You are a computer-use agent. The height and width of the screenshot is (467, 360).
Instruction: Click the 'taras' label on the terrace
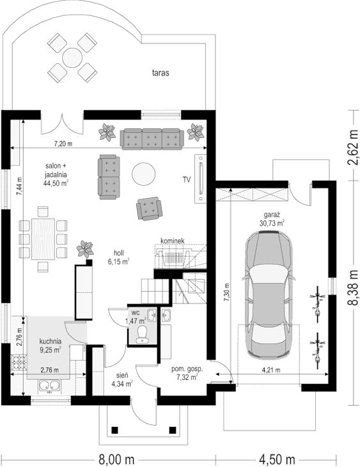click(x=160, y=73)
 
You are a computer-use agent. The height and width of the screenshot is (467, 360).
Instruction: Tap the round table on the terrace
click(x=72, y=57)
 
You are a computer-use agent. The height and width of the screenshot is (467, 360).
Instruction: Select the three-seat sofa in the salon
click(x=152, y=139)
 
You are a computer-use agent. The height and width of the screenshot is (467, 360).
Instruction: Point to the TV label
click(x=187, y=180)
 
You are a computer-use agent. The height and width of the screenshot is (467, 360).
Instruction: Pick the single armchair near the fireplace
click(x=149, y=208)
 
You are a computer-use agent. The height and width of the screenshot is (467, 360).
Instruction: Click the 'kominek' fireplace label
click(x=173, y=241)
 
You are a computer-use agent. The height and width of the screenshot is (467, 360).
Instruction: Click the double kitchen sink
click(x=49, y=386)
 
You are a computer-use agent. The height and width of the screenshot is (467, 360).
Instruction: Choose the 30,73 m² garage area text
click(x=272, y=223)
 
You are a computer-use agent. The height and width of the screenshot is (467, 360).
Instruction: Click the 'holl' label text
click(x=118, y=253)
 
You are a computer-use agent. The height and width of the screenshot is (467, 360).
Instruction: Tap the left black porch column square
click(x=114, y=430)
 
